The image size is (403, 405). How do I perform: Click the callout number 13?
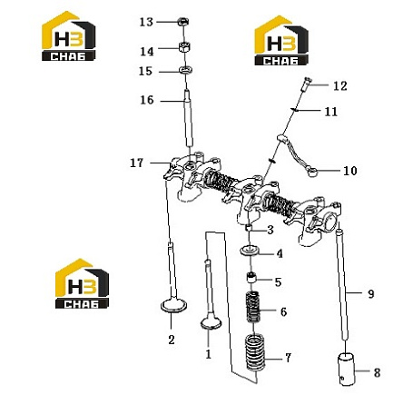146,22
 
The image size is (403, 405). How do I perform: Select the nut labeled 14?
184,47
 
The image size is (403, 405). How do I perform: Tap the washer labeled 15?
185,70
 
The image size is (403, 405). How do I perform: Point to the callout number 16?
147,100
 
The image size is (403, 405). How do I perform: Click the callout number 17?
136,163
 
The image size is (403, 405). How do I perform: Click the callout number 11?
330,112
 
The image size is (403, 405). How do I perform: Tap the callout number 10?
350,171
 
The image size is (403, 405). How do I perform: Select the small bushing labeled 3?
248,228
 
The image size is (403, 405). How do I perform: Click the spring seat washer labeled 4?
249,251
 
